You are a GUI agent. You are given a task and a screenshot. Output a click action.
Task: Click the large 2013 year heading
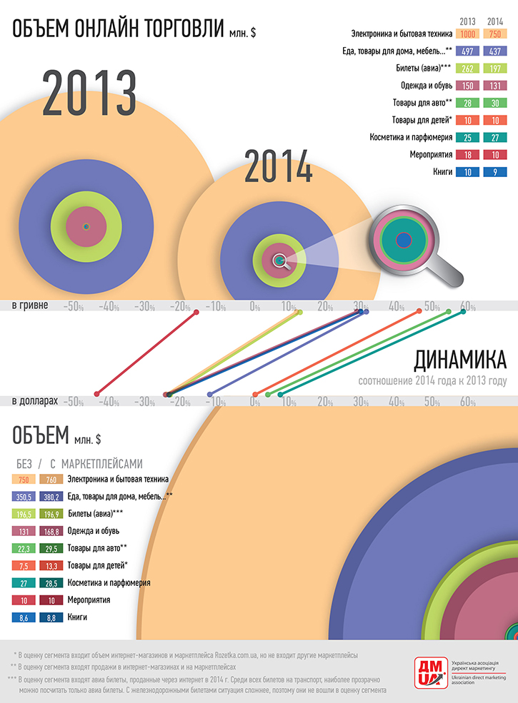(89, 93)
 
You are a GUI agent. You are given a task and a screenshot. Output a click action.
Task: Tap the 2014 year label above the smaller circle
(279, 166)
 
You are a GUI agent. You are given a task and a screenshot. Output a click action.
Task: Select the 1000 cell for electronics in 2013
(468, 34)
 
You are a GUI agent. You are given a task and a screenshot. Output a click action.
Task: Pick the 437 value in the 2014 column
(494, 51)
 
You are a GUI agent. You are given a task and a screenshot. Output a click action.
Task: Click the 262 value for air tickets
(468, 68)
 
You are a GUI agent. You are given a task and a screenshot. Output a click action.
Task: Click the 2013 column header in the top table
(468, 21)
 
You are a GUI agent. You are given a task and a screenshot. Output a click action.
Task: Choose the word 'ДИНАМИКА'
(460, 358)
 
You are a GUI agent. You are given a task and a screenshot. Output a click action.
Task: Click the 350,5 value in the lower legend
(24, 497)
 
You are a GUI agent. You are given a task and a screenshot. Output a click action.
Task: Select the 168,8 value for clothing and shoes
(51, 531)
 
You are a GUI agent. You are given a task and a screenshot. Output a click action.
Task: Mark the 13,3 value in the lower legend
(51, 566)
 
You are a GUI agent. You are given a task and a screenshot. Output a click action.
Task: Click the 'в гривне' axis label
(30, 305)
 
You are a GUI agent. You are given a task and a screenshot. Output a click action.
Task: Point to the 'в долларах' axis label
(34, 402)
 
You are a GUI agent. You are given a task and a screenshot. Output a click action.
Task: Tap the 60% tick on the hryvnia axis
(467, 307)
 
